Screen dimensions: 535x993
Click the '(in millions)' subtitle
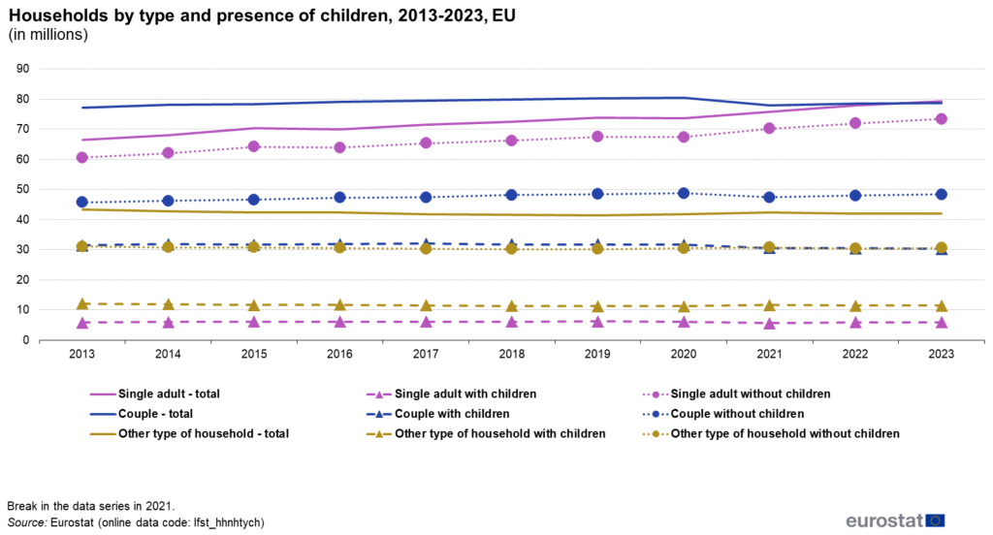click(48, 36)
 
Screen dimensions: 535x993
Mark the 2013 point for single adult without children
click(82, 157)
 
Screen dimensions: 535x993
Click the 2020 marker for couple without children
click(684, 193)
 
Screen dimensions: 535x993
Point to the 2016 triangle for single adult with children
click(340, 322)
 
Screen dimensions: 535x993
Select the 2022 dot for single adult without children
click(855, 123)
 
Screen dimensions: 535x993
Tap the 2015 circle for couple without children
click(254, 200)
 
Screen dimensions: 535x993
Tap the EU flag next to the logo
click(935, 520)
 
